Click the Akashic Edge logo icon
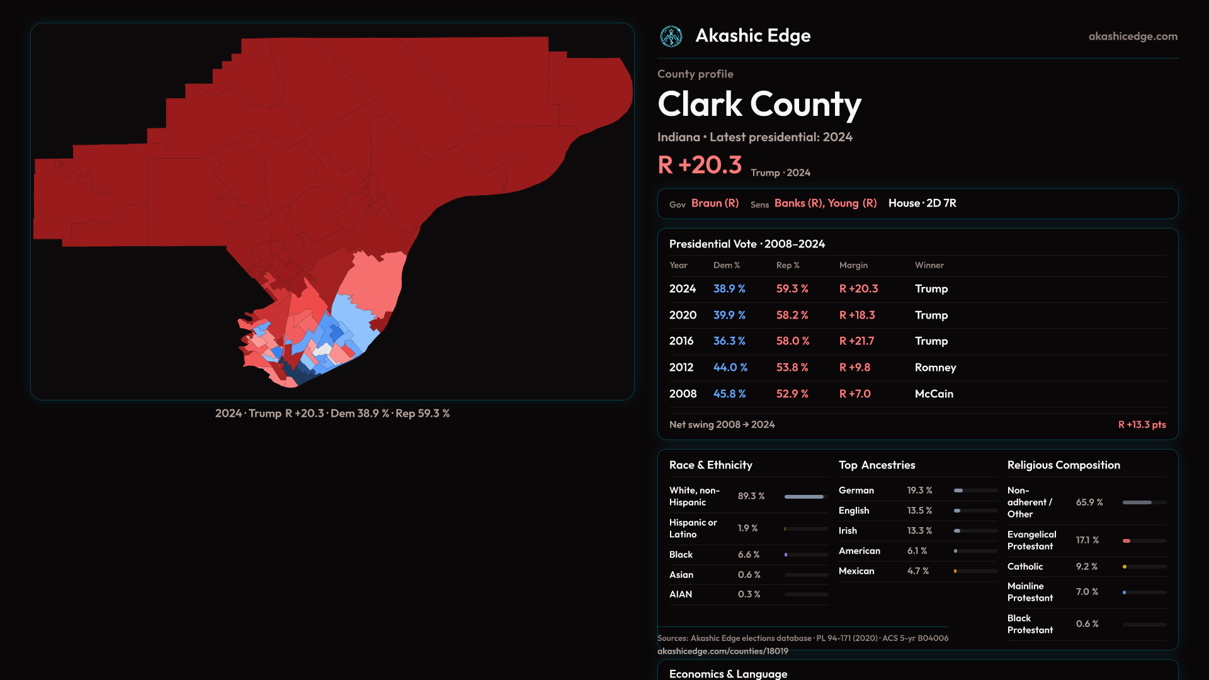671,37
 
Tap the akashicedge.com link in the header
1133,37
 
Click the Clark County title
759,104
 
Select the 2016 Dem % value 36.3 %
729,341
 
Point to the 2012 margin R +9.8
854,367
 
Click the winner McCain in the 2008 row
934,394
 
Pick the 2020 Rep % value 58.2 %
792,315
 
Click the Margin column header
853,265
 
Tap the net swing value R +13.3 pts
1142,424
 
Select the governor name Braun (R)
715,203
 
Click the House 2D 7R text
922,203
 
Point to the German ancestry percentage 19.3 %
919,490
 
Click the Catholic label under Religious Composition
1025,566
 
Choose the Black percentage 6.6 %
749,554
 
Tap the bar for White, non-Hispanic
805,496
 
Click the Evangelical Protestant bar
1144,540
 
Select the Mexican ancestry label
856,570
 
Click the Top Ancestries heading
877,465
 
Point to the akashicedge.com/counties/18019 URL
722,651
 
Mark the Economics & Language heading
728,673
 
